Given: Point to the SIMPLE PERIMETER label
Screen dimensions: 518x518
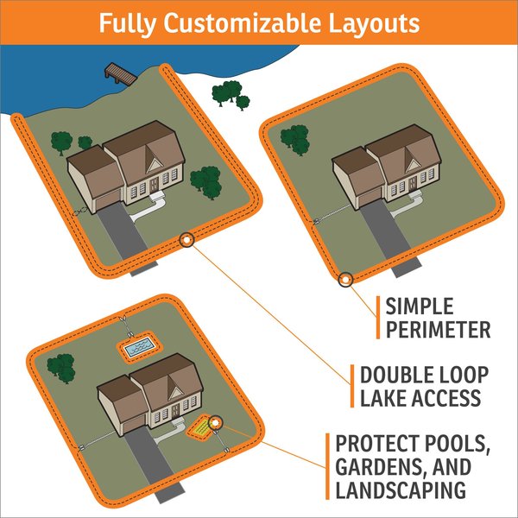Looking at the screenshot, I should click(x=438, y=317).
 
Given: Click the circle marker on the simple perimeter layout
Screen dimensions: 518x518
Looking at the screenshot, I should click(x=345, y=279).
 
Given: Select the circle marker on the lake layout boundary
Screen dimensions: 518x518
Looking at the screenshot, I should click(x=185, y=241).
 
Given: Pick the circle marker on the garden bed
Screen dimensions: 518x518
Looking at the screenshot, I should click(x=215, y=422).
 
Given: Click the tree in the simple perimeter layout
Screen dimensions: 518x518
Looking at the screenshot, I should click(x=295, y=137).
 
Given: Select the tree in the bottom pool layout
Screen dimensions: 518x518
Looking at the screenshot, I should click(x=60, y=366).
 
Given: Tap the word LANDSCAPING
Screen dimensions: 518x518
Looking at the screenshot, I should click(x=402, y=490).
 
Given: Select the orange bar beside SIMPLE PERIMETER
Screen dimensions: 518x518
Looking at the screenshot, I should click(x=378, y=317).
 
